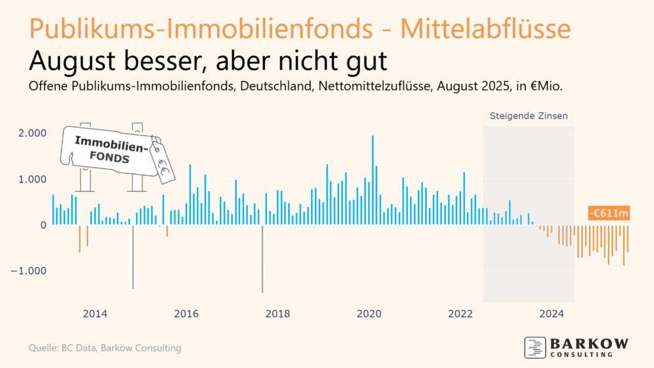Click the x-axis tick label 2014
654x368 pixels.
point(95,314)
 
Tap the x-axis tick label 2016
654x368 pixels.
point(186,314)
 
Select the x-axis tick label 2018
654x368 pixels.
point(277,314)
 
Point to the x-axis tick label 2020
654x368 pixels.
point(369,314)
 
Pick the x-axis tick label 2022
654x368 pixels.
point(460,314)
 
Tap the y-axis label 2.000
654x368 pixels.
point(32,133)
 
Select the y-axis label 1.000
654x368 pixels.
point(32,179)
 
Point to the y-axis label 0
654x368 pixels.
point(44,225)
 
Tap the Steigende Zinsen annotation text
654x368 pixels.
point(528,116)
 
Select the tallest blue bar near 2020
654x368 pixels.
point(373,179)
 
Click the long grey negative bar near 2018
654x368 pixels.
point(262,259)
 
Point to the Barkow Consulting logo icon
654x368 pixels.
point(535,347)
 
